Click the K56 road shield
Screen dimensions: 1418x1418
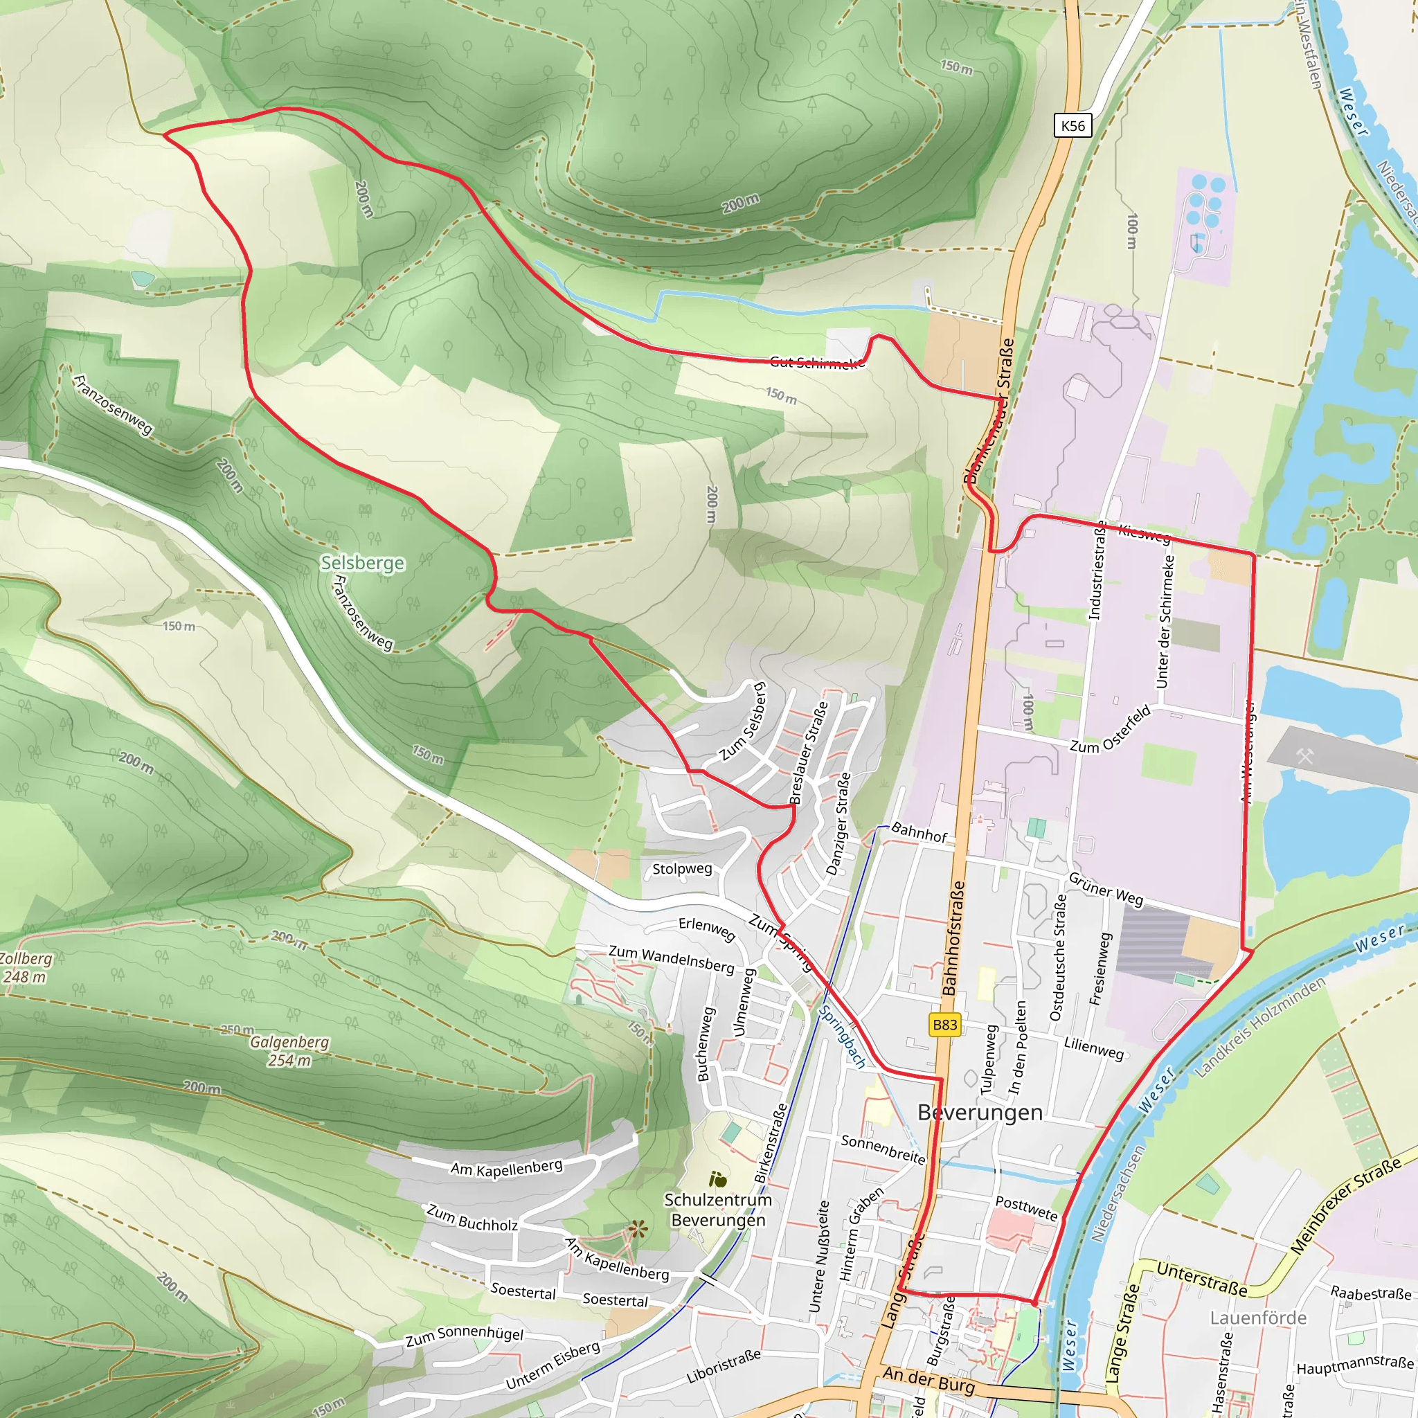[1073, 125]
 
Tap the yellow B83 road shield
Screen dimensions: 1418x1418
[944, 1025]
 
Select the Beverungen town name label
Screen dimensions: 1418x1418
[979, 1113]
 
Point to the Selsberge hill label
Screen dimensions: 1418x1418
[363, 563]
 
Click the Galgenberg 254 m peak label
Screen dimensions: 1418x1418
[289, 1051]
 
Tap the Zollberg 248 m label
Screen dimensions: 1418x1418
[25, 967]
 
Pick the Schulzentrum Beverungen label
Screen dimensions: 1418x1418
[718, 1210]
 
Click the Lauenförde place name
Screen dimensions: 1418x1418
[1258, 1318]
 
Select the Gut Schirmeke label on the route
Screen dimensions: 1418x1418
[817, 362]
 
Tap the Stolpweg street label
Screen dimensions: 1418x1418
[682, 869]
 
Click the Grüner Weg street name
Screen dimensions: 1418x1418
[1105, 889]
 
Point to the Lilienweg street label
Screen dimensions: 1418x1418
[1093, 1048]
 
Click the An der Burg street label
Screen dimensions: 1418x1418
[928, 1380]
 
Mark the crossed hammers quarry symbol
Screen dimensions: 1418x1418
[1304, 755]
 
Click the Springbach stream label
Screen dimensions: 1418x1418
[842, 1036]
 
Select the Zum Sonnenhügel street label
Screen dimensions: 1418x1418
[465, 1336]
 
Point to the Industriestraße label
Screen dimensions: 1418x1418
[1097, 571]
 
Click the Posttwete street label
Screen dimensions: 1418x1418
[1026, 1208]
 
